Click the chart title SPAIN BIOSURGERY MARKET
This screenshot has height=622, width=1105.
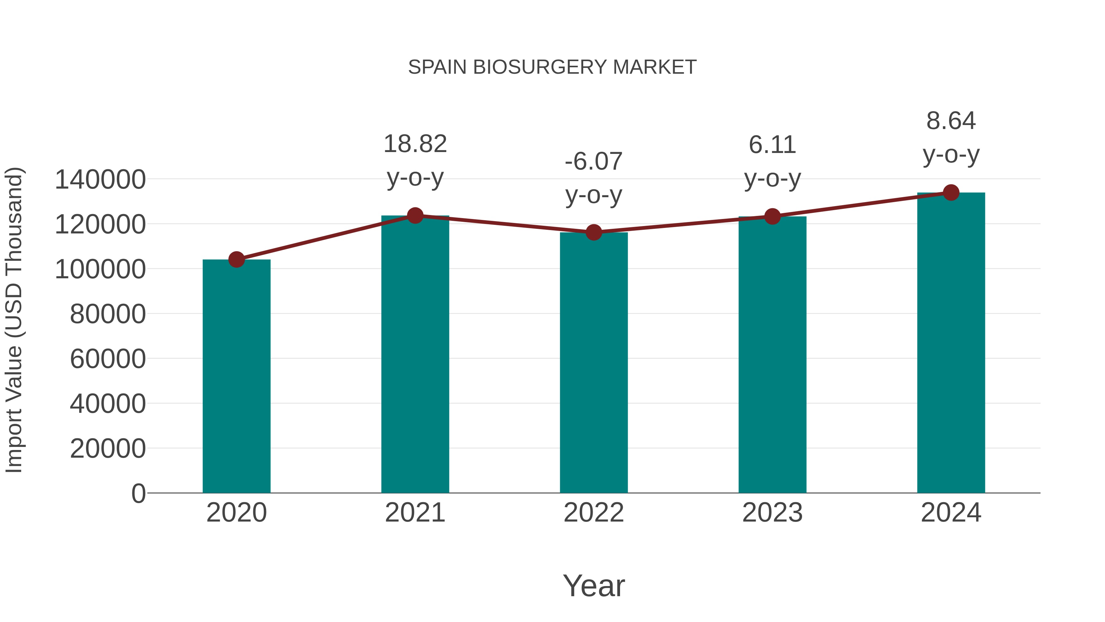coord(552,67)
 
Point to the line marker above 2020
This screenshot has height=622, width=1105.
coord(236,259)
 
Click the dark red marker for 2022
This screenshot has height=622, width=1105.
coord(594,232)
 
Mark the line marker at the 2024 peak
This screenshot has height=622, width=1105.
coord(951,193)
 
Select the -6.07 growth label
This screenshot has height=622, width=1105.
coord(594,162)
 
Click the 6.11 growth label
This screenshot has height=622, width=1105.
coord(772,145)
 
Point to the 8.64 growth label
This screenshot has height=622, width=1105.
coord(951,121)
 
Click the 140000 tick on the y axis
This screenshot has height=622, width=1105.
coord(100,179)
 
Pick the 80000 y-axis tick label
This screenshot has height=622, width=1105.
coord(108,314)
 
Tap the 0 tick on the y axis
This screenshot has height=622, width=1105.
coord(138,493)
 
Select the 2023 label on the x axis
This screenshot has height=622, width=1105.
coord(772,513)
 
